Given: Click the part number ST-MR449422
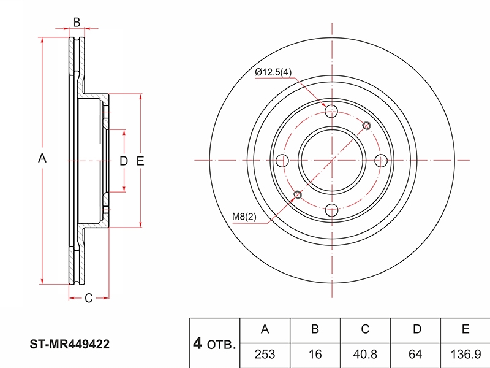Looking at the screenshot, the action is coord(70,345).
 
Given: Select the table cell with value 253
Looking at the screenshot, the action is coord(265,355).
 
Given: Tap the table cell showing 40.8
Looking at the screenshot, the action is coord(365,355).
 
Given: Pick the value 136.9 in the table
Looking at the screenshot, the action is coord(465,355).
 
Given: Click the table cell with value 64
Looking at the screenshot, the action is coord(417,355).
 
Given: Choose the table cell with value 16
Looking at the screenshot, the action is coord(315,355).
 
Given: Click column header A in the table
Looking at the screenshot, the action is coord(265,329).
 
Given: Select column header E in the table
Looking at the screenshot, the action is coord(465,329).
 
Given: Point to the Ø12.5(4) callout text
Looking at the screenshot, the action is coord(273,73).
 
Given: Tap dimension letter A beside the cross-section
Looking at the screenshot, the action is coord(42,158).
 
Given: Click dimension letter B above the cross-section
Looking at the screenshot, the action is coord(77,23).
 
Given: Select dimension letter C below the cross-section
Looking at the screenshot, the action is coord(88,298).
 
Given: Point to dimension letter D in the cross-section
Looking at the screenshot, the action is coord(123,161).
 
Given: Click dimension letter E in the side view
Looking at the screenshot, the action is coord(140,161).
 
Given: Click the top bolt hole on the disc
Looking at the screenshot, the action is coord(331,111).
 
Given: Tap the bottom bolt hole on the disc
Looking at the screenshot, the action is coord(331,210).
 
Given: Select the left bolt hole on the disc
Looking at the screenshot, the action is coord(282,161).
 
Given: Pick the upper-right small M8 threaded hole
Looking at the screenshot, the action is coord(366,126).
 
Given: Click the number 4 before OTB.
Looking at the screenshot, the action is coord(197,343).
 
